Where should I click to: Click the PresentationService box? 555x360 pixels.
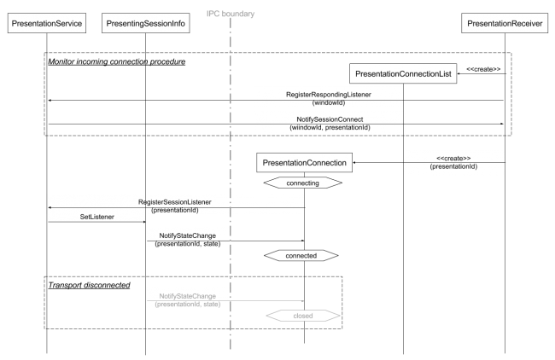pyautogui.click(x=47, y=23)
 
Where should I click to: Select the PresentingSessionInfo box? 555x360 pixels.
pyautogui.click(x=145, y=23)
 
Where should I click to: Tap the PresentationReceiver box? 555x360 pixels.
pyautogui.click(x=505, y=23)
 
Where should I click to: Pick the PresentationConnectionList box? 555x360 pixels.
pyautogui.click(x=403, y=73)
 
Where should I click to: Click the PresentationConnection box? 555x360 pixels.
pyautogui.click(x=305, y=163)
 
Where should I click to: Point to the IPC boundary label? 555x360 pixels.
pyautogui.click(x=231, y=14)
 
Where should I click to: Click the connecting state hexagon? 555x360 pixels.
pyautogui.click(x=303, y=183)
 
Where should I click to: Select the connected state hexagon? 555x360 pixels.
pyautogui.click(x=301, y=255)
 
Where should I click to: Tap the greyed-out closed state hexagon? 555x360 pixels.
pyautogui.click(x=303, y=316)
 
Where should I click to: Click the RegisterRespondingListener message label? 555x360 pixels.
pyautogui.click(x=329, y=95)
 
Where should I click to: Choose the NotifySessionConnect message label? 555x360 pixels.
pyautogui.click(x=330, y=119)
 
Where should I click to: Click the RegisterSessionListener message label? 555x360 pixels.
pyautogui.click(x=174, y=202)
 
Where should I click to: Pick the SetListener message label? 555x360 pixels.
pyautogui.click(x=97, y=217)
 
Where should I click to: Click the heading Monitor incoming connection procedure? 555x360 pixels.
pyautogui.click(x=117, y=61)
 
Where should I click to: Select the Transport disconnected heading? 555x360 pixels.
pyautogui.click(x=89, y=285)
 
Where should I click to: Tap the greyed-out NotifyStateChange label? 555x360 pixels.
pyautogui.click(x=188, y=296)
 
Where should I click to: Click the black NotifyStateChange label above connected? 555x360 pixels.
pyautogui.click(x=188, y=235)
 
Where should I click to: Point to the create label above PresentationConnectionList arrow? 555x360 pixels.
pyautogui.click(x=483, y=69)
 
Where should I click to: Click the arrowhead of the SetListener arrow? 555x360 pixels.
pyautogui.click(x=144, y=222)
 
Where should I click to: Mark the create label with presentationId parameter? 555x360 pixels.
pyautogui.click(x=453, y=162)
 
